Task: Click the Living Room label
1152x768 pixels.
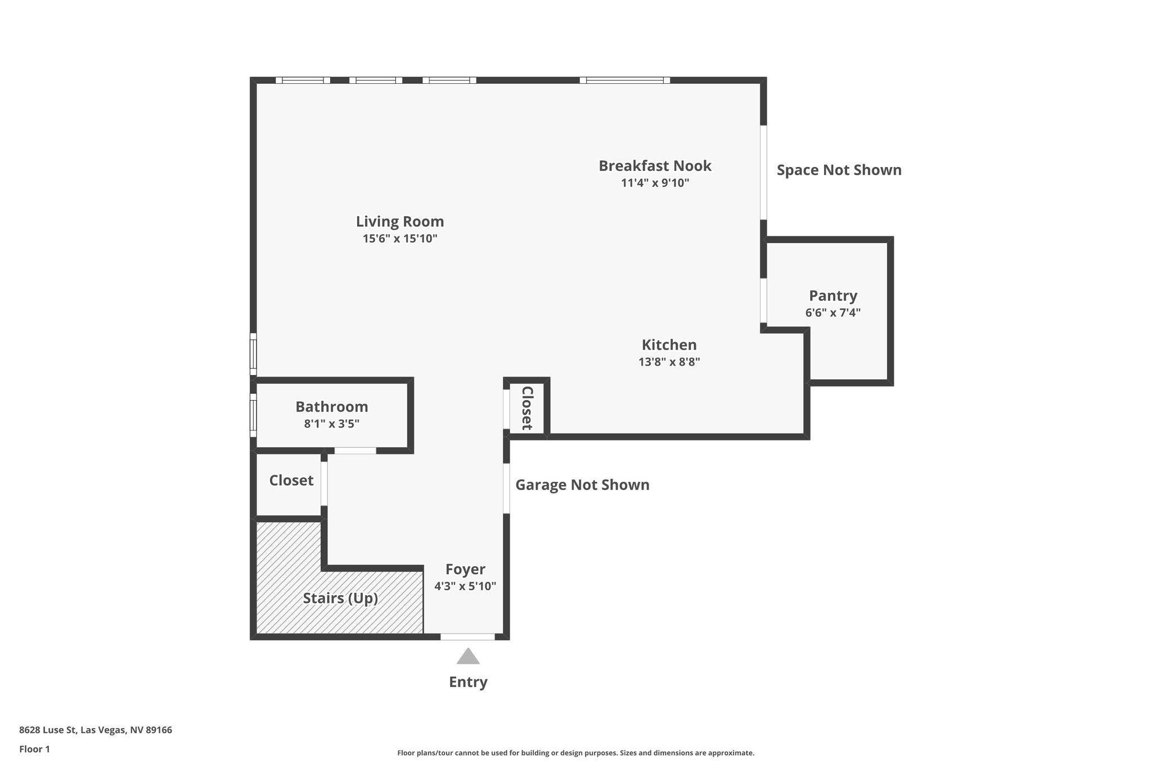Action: point(400,222)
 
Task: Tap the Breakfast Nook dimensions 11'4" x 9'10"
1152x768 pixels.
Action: point(655,183)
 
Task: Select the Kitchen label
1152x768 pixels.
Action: point(669,345)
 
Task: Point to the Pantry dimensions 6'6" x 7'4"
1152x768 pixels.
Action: point(832,313)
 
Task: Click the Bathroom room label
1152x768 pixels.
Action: point(331,407)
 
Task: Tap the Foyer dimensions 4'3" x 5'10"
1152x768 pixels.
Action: point(465,586)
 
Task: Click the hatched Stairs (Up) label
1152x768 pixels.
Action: point(340,598)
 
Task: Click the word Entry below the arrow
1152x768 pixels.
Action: point(468,682)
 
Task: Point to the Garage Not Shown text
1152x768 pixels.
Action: point(582,485)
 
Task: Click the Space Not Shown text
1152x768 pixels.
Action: point(839,170)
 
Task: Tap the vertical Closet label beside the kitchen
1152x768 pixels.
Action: point(527,408)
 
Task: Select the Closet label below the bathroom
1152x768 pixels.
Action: point(291,480)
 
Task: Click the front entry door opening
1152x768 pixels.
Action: point(467,637)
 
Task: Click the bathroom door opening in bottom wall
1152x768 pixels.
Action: point(355,451)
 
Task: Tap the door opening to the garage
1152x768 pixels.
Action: point(506,488)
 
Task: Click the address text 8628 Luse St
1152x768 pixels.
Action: point(96,730)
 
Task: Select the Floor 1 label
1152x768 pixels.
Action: point(34,749)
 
